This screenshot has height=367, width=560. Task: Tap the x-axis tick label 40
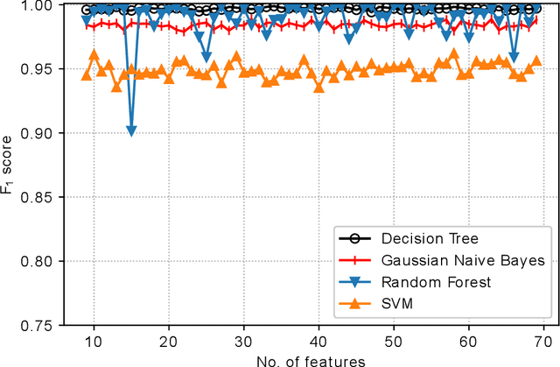point(318,340)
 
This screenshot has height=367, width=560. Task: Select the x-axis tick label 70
point(542,340)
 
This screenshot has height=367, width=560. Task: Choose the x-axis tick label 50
point(393,340)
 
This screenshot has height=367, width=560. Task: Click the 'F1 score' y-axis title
point(10,165)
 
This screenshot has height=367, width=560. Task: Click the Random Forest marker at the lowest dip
point(131,131)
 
